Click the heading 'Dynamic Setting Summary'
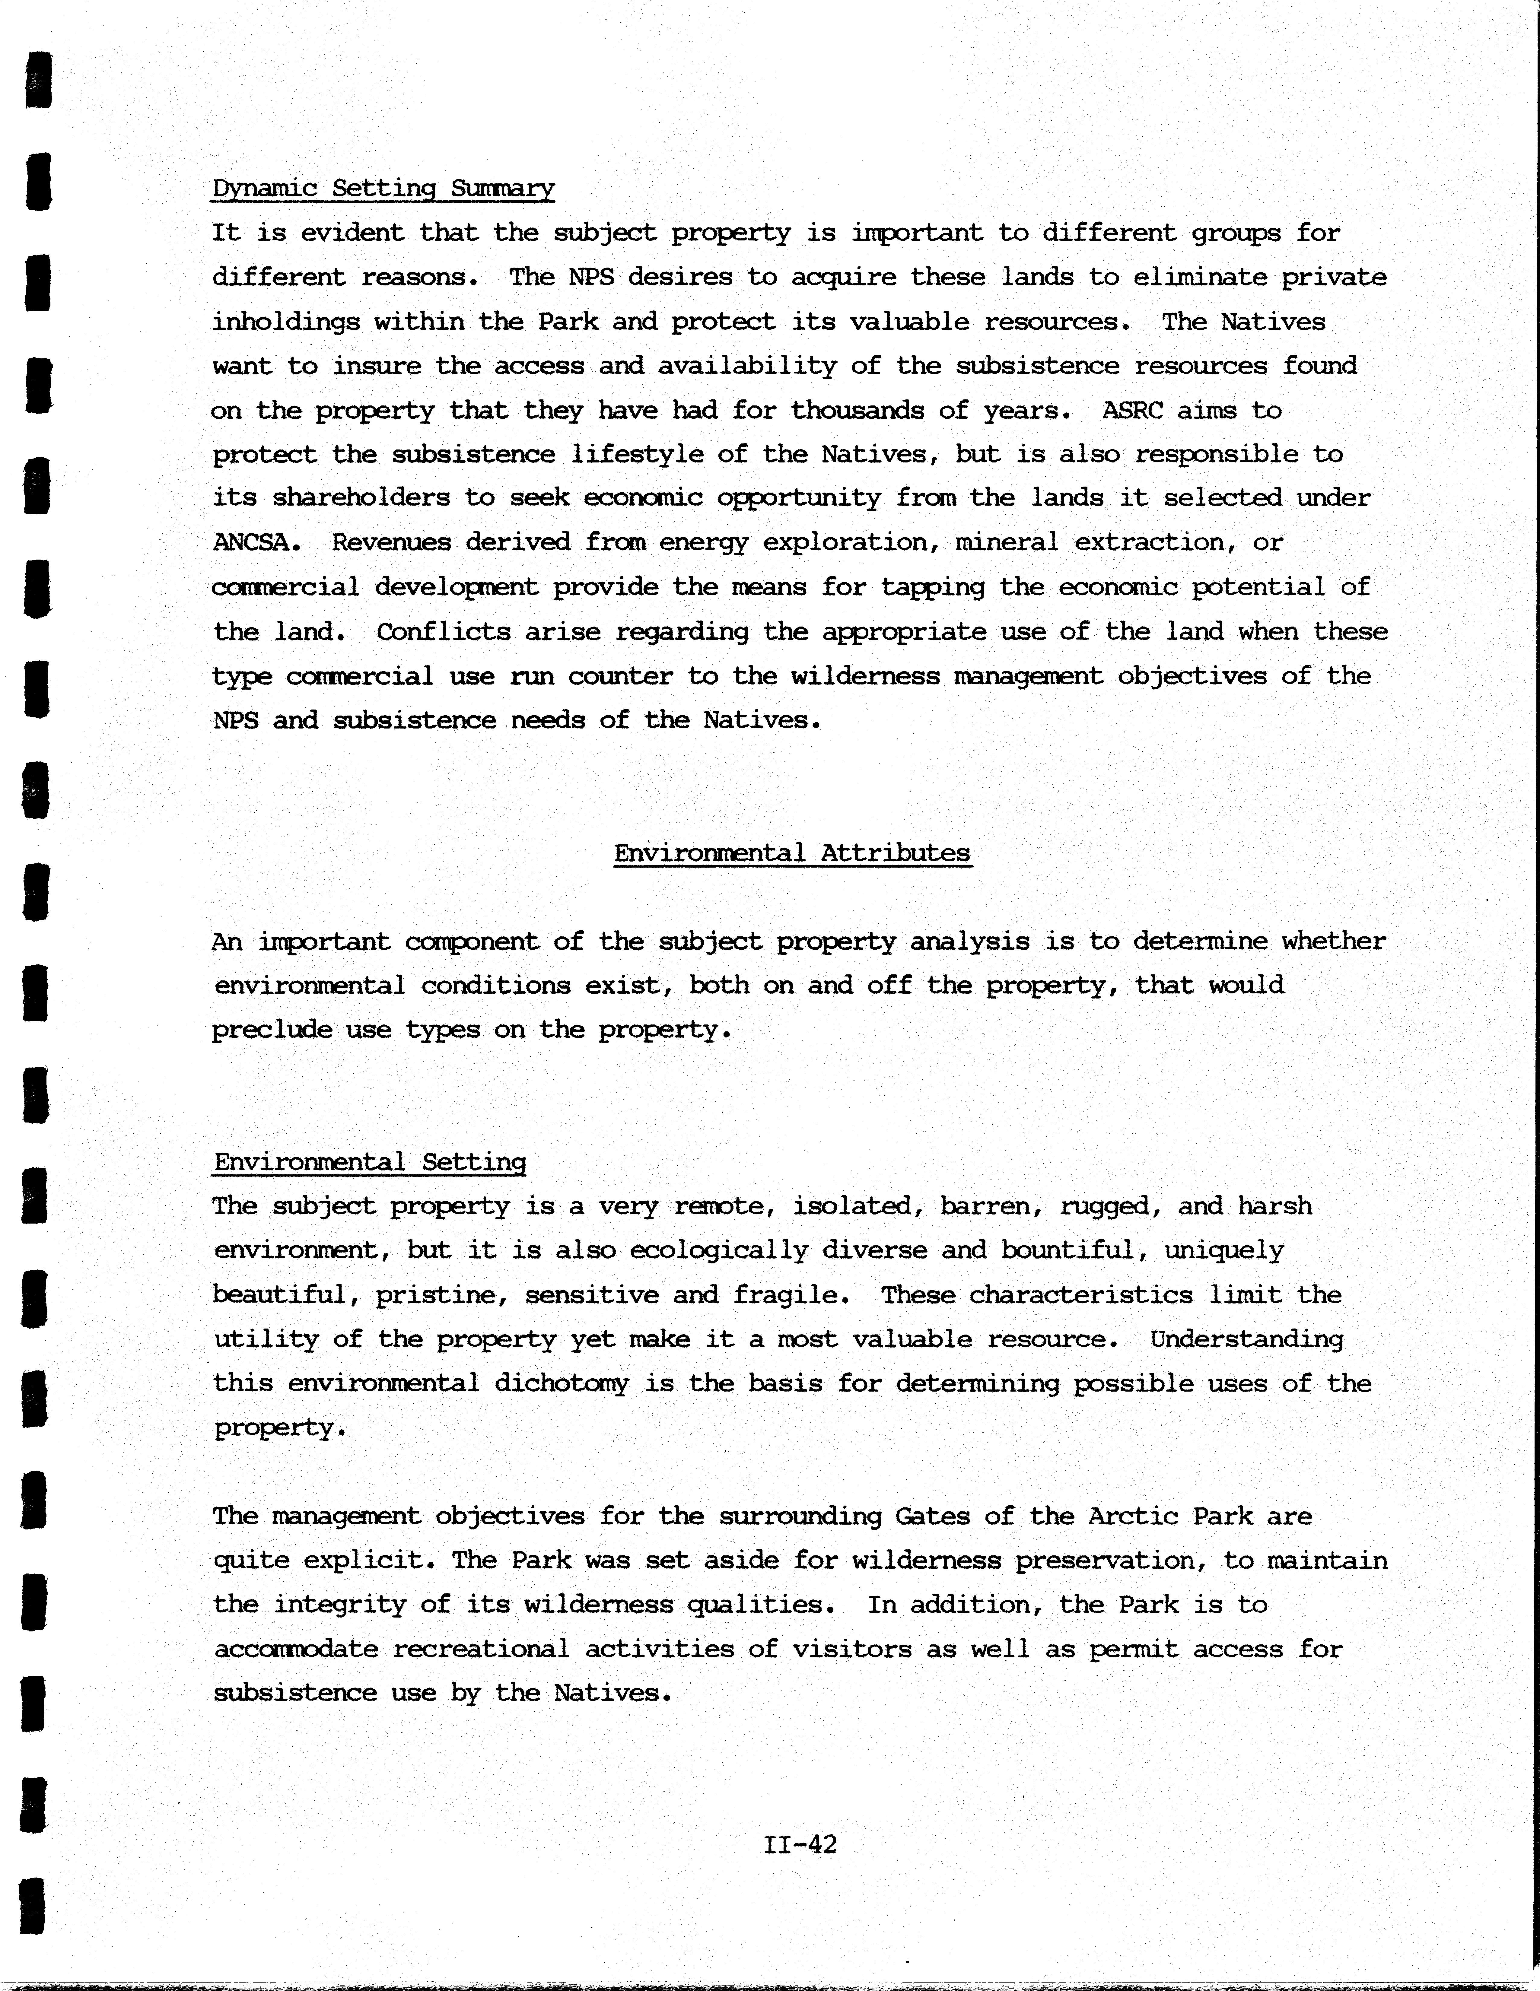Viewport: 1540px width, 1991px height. point(383,189)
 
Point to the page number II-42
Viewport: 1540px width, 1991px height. point(800,1845)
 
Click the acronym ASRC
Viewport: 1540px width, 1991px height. point(1132,410)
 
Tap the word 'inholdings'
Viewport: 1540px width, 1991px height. point(286,322)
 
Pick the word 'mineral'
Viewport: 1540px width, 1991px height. point(1007,542)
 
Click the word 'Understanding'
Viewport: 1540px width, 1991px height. point(1246,1339)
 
